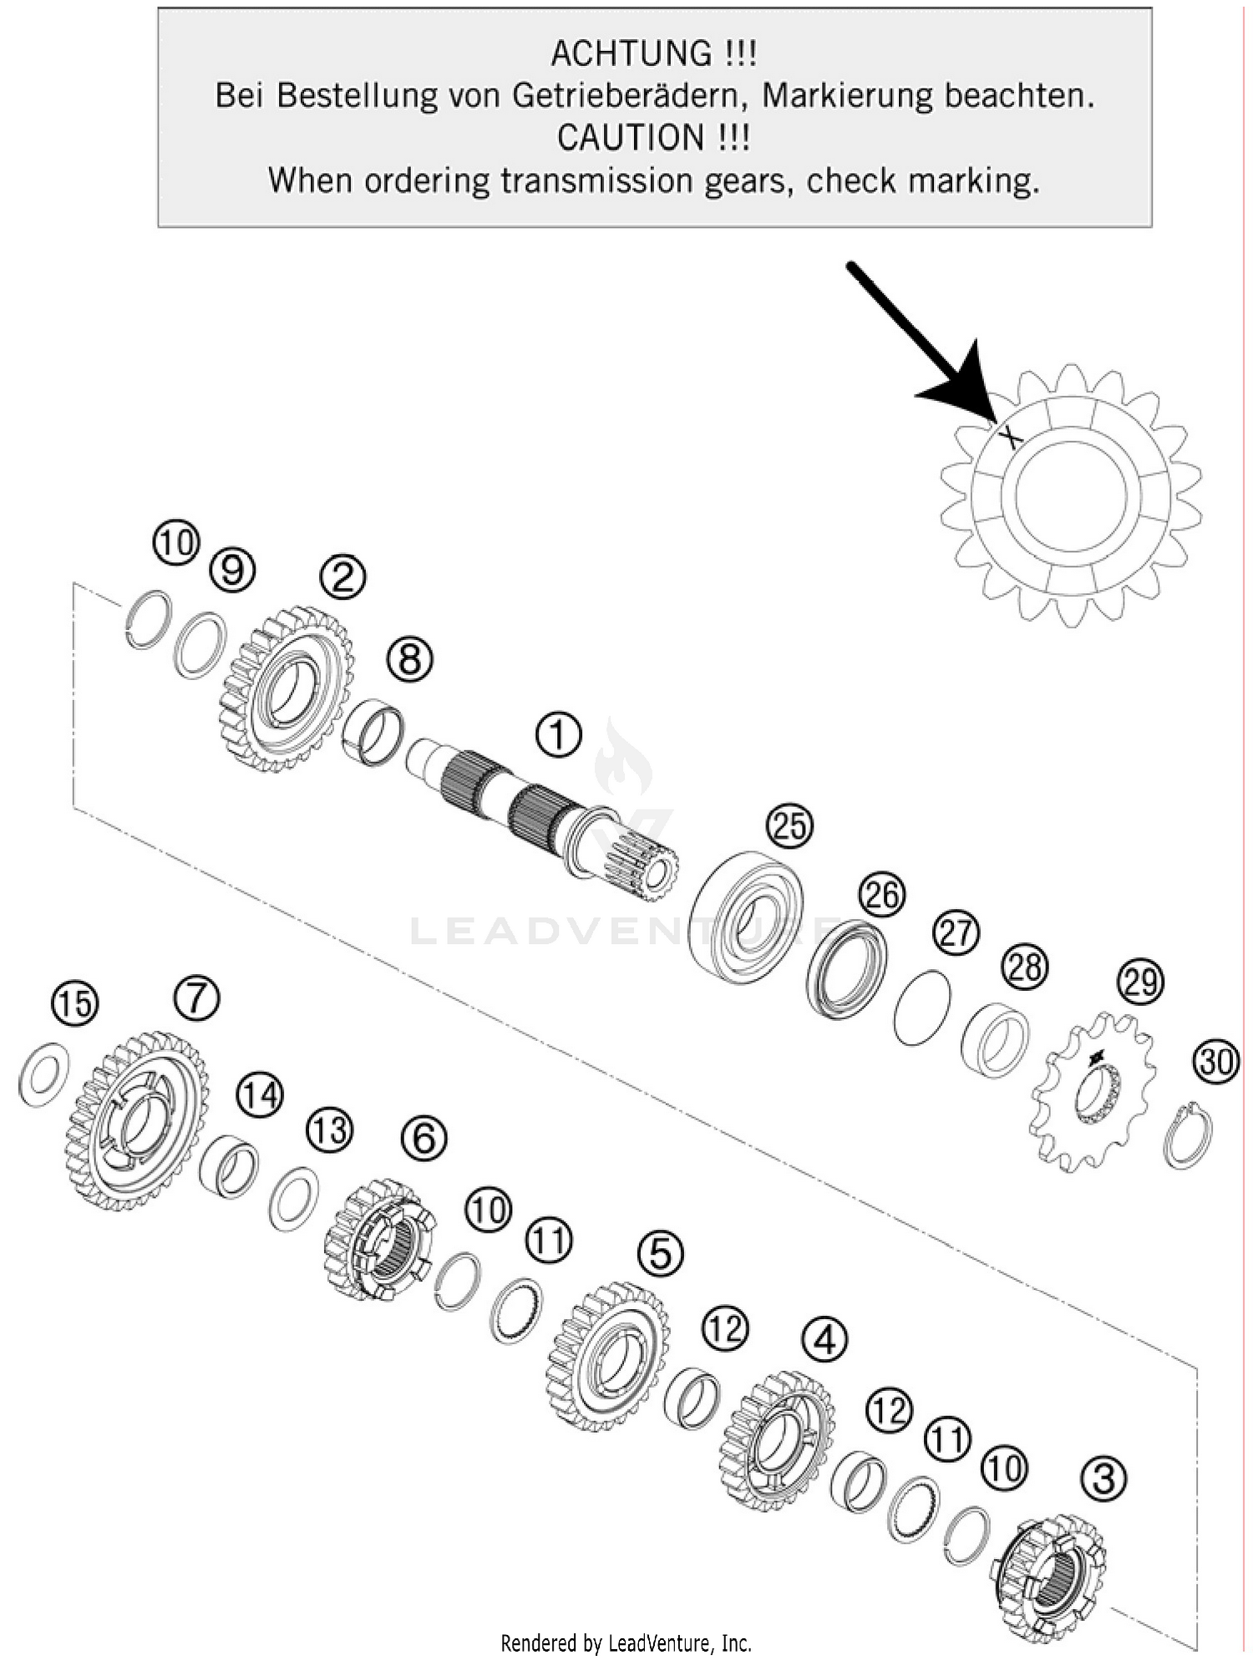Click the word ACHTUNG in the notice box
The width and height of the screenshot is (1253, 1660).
click(x=631, y=53)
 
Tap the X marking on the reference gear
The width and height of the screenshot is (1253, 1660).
click(x=1011, y=435)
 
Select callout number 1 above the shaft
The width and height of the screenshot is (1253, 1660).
click(x=558, y=735)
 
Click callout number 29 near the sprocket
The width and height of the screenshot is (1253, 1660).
click(x=1140, y=982)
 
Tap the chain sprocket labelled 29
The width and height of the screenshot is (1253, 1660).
click(x=1095, y=1090)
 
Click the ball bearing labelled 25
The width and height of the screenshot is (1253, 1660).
click(x=748, y=916)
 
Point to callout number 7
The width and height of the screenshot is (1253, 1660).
click(x=197, y=998)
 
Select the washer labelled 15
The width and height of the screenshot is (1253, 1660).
click(x=43, y=1074)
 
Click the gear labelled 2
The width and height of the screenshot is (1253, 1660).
click(x=288, y=688)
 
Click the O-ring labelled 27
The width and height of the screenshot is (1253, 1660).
click(x=921, y=1008)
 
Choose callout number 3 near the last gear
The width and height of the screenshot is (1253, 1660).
click(x=1103, y=1479)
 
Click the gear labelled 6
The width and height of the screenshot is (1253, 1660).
click(x=380, y=1240)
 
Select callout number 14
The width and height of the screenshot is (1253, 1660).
click(x=260, y=1095)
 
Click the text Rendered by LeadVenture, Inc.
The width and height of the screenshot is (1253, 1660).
click(x=626, y=1642)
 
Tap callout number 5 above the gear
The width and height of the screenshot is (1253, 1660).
click(x=660, y=1253)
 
